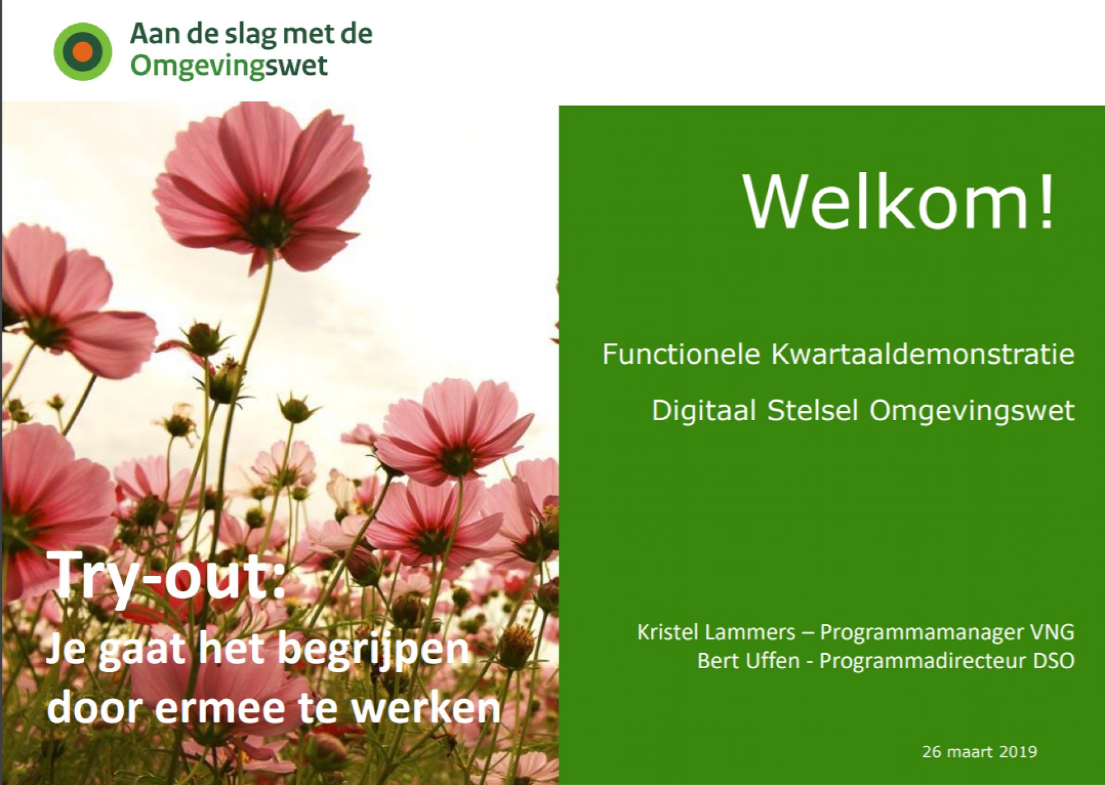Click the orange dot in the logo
pyautogui.click(x=83, y=51)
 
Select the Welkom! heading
pyautogui.click(x=899, y=201)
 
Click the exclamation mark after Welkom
pyautogui.click(x=1046, y=201)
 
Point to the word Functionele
pyautogui.click(x=681, y=353)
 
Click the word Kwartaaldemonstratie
pyautogui.click(x=923, y=353)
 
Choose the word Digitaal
pyautogui.click(x=703, y=410)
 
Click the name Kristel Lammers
pyautogui.click(x=716, y=632)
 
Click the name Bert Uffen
pyautogui.click(x=748, y=661)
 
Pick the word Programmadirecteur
pyautogui.click(x=923, y=661)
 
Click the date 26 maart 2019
pyautogui.click(x=980, y=752)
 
